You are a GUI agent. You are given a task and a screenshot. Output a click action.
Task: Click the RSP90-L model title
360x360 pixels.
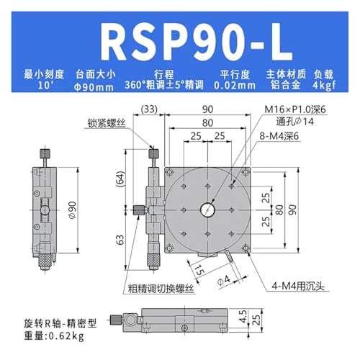pyautogui.click(x=179, y=41)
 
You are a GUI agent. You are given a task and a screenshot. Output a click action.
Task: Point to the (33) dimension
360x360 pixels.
pyautogui.click(x=149, y=110)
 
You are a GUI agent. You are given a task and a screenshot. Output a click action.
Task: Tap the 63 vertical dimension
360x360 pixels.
pyautogui.click(x=120, y=237)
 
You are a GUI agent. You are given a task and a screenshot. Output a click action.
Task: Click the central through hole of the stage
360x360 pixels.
pyautogui.click(x=210, y=209)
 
